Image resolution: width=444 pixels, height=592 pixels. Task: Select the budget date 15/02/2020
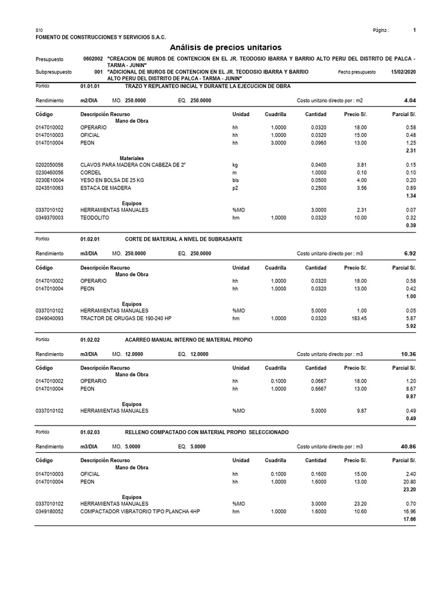tap(403, 72)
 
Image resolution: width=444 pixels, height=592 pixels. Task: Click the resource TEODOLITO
tap(96, 218)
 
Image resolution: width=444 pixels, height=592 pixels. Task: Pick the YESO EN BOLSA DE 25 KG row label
tap(112, 180)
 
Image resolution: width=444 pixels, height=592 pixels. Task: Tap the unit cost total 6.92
tap(409, 253)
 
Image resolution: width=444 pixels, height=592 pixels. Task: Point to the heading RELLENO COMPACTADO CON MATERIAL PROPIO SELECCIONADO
tap(206, 432)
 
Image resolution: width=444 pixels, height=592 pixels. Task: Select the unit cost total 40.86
tap(408, 446)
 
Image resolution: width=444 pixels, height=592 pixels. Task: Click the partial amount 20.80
tap(408, 482)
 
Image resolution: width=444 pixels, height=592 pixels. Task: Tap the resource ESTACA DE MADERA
tap(106, 188)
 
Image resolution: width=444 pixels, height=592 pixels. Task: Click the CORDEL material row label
tap(91, 173)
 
